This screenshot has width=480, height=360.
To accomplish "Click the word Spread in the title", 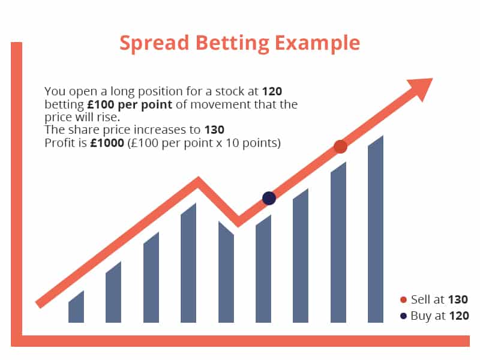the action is [154, 43].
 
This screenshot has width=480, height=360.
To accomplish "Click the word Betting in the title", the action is [232, 43].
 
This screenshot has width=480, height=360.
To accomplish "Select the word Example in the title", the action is [317, 43].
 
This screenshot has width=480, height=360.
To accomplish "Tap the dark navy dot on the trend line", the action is [269, 198].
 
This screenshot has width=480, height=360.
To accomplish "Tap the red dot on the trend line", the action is [340, 146].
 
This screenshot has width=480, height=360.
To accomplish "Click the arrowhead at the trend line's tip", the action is [422, 88].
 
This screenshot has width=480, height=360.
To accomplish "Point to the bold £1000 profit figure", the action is [107, 143].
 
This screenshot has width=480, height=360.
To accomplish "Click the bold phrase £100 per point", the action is [130, 104].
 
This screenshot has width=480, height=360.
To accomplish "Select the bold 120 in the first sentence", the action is [272, 91].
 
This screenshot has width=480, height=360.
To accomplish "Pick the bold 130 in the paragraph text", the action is [214, 130].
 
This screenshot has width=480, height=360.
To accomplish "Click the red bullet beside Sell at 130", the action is [403, 299].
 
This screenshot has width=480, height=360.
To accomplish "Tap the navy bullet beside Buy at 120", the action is [403, 316].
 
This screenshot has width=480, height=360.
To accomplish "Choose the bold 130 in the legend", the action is [458, 299].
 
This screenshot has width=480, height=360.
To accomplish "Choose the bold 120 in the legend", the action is [459, 316].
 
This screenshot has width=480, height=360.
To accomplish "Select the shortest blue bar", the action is [76, 307].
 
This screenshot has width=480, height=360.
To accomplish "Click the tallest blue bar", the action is [376, 229].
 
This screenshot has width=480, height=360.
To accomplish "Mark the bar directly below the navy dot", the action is [263, 269].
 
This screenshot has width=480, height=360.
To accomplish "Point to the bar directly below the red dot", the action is [338, 242].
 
